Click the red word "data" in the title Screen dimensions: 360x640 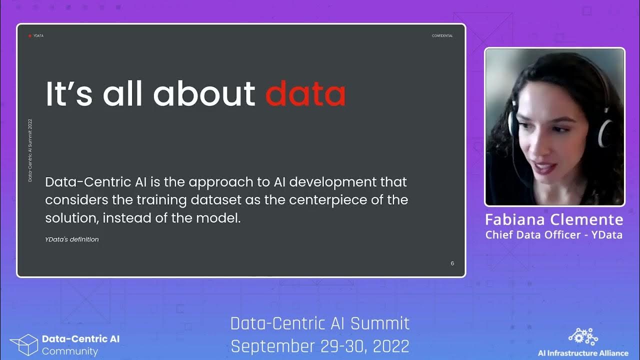click(x=305, y=93)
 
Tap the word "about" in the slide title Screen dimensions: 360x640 click(x=204, y=93)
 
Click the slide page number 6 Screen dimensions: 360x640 click(x=452, y=263)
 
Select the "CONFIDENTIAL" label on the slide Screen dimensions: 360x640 click(x=442, y=36)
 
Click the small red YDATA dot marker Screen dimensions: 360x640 click(x=30, y=36)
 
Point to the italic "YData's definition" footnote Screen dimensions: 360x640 click(x=72, y=239)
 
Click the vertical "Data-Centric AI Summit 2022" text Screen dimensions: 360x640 click(x=30, y=150)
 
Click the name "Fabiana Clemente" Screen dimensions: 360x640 click(x=554, y=220)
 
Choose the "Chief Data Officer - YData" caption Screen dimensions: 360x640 click(x=554, y=235)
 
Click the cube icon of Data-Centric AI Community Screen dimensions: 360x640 click(x=23, y=344)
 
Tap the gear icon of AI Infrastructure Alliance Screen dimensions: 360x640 click(x=583, y=337)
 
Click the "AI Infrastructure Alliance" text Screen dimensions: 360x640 click(x=583, y=353)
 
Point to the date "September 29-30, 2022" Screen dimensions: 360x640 click(x=320, y=345)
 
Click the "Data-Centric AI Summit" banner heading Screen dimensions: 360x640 click(x=320, y=323)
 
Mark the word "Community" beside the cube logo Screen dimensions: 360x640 click(x=70, y=351)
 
